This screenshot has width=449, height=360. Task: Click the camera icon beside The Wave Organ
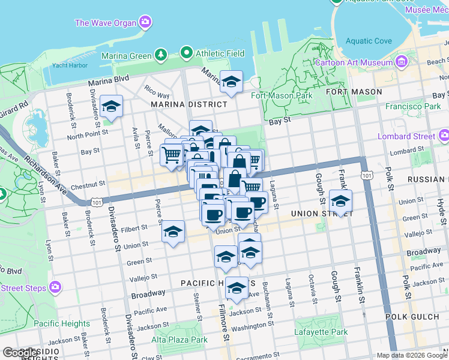145,23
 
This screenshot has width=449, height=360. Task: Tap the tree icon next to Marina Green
160,56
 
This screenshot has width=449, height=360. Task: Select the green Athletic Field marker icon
187,53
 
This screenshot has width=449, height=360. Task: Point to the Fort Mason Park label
282,95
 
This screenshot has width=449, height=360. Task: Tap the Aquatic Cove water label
369,41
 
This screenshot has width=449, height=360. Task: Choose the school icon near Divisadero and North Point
111,107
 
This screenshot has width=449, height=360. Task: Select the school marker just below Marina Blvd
231,83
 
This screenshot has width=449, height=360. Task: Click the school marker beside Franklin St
341,202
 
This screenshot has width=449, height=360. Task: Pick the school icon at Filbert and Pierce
173,233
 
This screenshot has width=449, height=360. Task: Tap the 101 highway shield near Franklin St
366,175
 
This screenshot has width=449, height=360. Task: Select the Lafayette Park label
321,332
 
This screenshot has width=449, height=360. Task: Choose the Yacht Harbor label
67,65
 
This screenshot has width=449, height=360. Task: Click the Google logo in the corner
20,353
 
